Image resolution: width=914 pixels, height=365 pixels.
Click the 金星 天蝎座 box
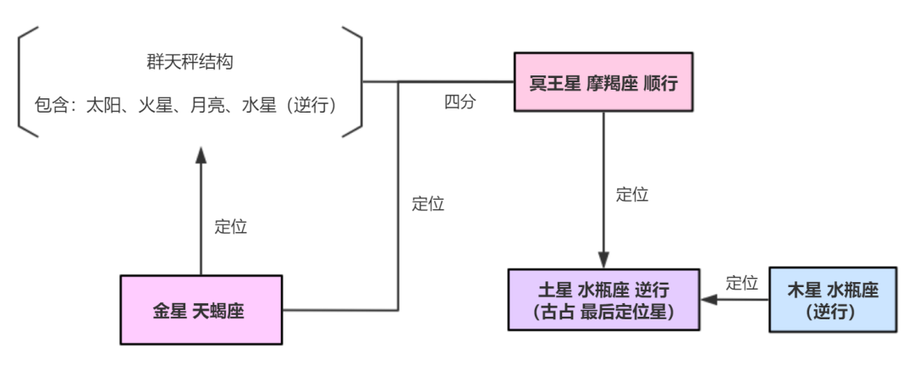click(201, 309)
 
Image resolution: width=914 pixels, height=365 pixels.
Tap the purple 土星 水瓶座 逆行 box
click(603, 299)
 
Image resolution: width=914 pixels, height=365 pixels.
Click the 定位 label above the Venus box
click(230, 227)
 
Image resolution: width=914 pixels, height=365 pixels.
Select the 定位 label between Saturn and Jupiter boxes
click(741, 283)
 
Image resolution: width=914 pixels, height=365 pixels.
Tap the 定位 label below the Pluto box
click(632, 194)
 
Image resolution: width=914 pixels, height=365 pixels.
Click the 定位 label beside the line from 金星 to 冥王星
click(427, 204)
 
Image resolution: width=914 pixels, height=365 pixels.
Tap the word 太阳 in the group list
click(102, 106)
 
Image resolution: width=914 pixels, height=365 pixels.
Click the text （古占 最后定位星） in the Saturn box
click(603, 312)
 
